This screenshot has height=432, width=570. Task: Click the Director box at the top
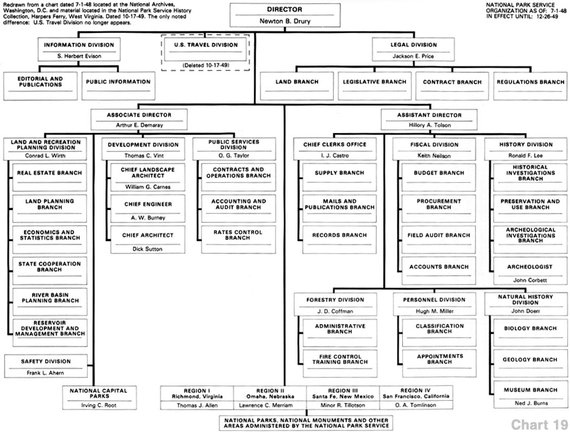285,15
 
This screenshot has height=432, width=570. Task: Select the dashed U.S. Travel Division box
205,52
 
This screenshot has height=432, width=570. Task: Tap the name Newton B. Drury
285,21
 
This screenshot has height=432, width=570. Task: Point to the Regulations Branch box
530,86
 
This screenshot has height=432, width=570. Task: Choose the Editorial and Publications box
40,86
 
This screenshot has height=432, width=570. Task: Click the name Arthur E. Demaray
139,125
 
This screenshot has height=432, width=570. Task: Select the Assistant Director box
429,119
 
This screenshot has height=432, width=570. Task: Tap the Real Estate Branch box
49,177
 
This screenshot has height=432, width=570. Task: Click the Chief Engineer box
148,208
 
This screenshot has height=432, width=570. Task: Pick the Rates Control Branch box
238,240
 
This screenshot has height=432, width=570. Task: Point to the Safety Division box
46,366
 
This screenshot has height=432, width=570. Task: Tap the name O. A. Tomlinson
415,405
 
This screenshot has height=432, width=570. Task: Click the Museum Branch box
530,395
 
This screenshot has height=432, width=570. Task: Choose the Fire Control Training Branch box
339,363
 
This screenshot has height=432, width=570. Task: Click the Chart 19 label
540,424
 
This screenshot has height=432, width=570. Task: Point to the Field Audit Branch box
439,240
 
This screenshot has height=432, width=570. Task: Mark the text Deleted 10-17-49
206,66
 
